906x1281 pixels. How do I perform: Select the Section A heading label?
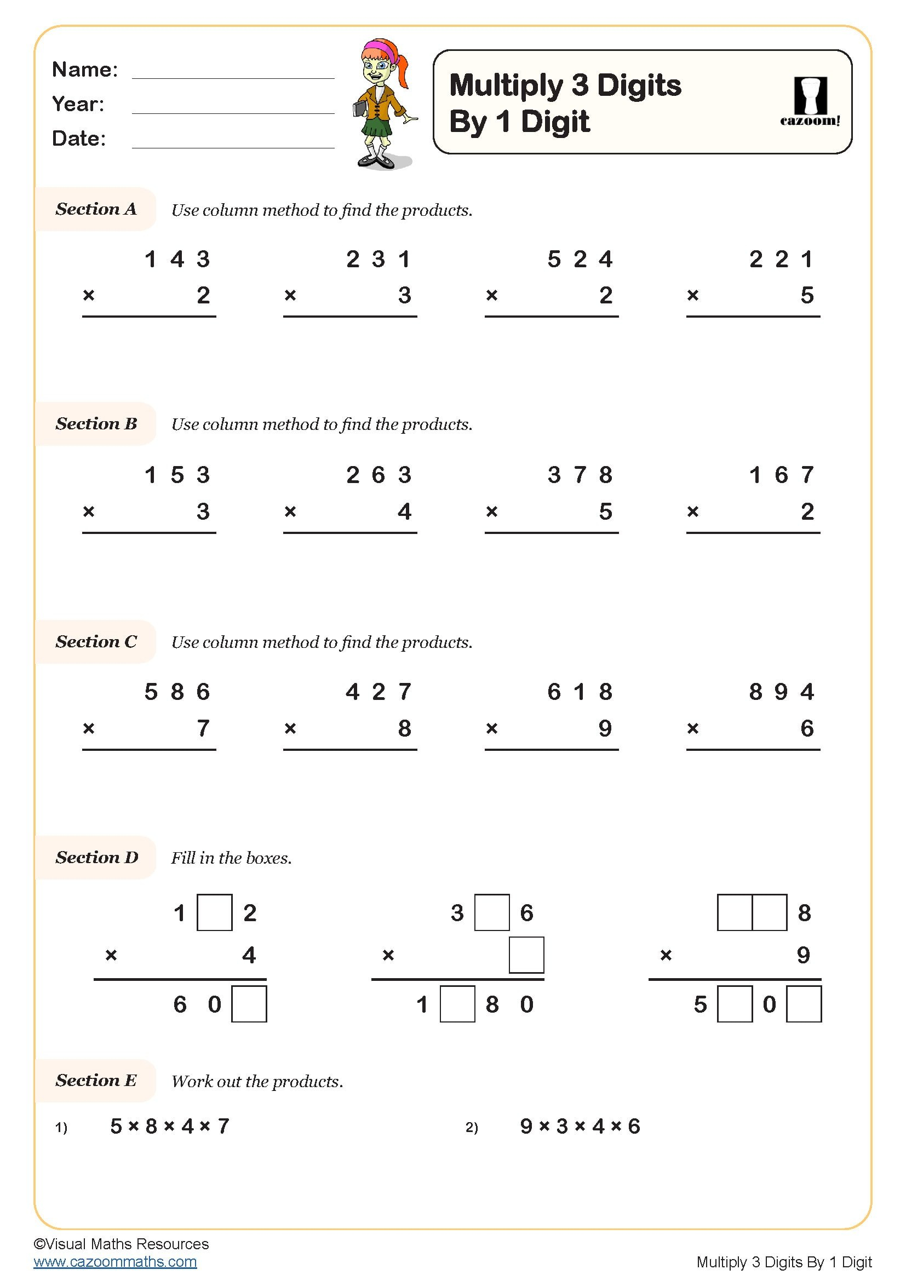pos(95,209)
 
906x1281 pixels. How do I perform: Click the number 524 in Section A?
pos(580,260)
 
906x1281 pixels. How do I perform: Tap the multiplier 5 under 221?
pos(807,295)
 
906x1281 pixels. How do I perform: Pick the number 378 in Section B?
pos(580,475)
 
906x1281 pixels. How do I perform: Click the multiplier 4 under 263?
pos(404,512)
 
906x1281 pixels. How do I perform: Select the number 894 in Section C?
pos(781,692)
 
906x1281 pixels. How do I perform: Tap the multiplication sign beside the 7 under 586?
pos(89,728)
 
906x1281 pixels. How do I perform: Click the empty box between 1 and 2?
pos(215,913)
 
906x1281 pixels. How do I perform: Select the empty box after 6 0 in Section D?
pos(249,1004)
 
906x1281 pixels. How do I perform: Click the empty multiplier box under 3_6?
pos(526,955)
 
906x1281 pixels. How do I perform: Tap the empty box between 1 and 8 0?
pos(457,1004)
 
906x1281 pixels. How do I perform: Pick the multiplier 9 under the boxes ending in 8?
pos(803,955)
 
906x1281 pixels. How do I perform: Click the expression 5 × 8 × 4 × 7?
pos(170,1127)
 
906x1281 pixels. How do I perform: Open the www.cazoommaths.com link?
pos(115,1261)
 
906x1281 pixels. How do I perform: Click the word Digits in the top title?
pos(639,85)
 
